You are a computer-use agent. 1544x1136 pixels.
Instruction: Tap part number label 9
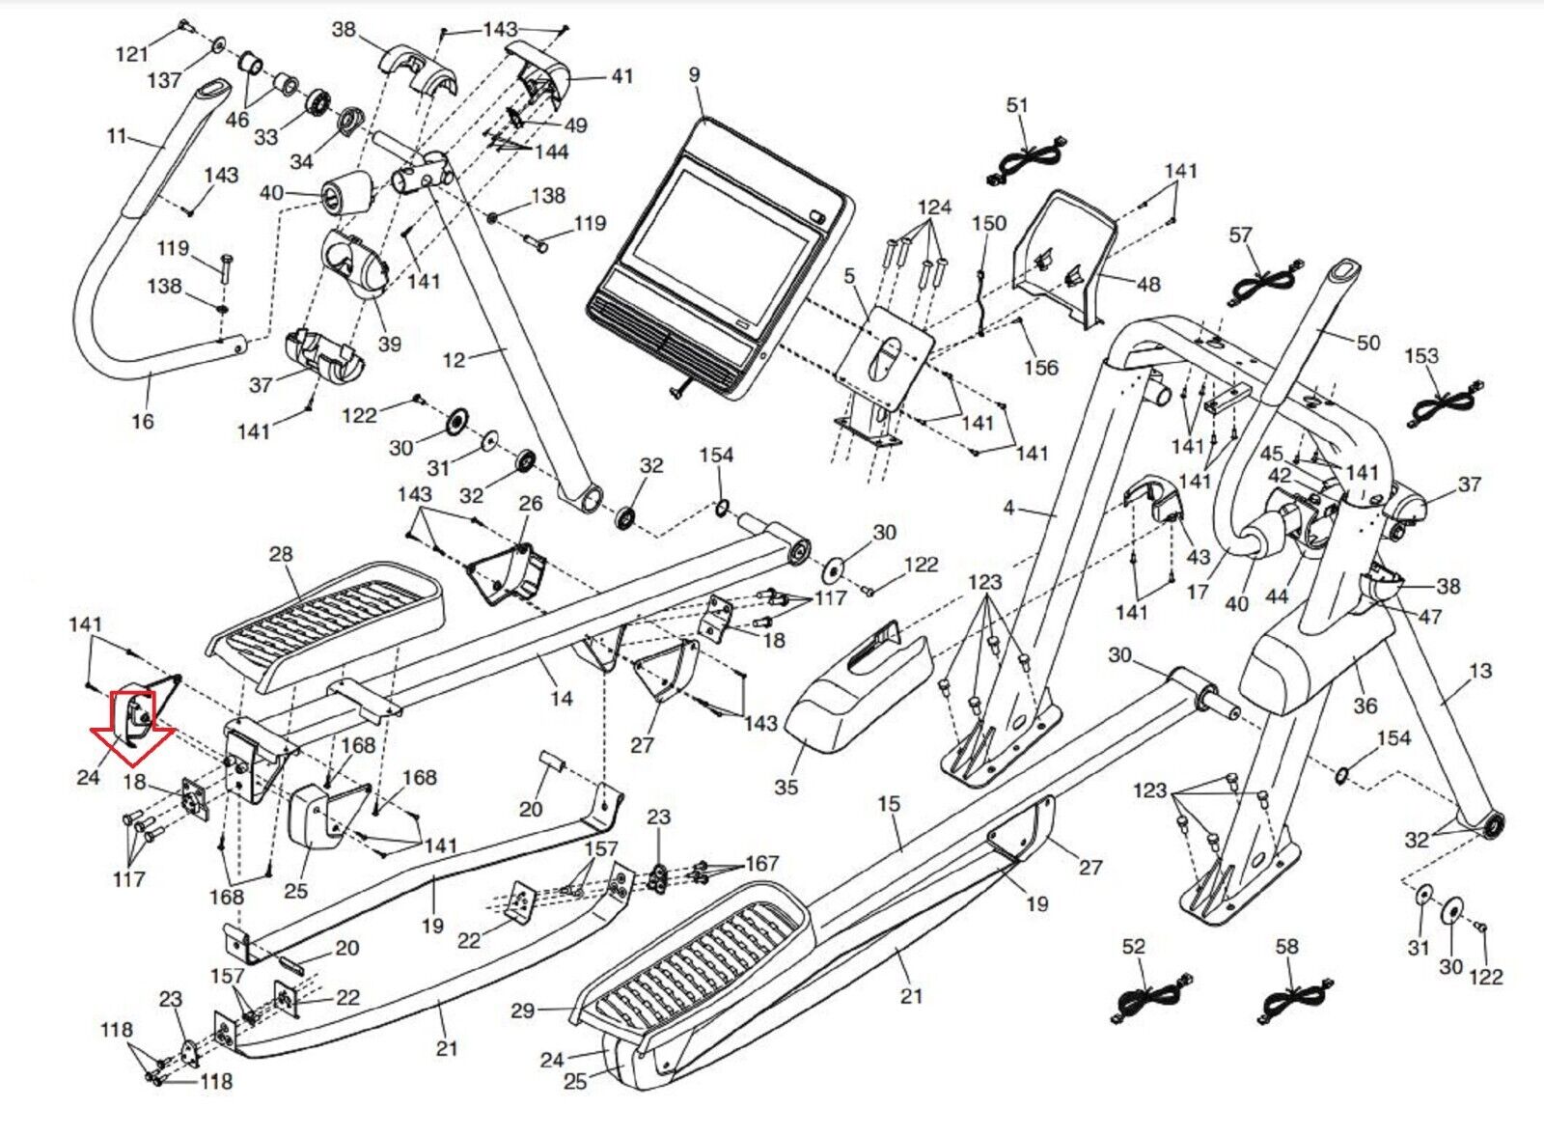(694, 75)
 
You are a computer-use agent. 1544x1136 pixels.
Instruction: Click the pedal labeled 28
(328, 627)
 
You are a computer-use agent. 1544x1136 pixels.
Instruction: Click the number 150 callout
(988, 223)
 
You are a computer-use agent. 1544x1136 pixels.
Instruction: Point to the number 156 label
(1040, 367)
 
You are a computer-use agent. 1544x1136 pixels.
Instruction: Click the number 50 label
(1367, 342)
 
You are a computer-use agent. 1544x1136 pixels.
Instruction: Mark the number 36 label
(1365, 706)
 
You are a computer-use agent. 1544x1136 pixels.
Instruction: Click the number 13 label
(1479, 670)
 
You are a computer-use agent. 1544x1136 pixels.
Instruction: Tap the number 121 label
(132, 54)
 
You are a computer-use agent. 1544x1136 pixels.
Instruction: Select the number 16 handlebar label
(142, 421)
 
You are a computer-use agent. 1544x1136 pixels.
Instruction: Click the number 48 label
(1147, 284)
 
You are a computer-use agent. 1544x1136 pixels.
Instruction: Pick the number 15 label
(888, 803)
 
